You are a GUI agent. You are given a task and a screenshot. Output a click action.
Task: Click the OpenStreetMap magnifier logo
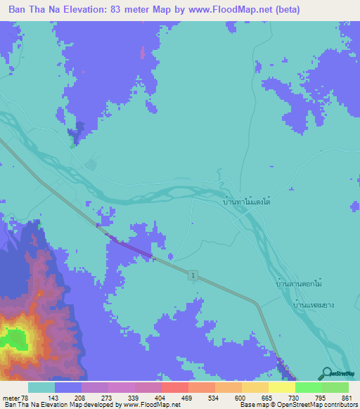click(x=326, y=374)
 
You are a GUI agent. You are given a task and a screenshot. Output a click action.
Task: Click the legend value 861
click(x=345, y=398)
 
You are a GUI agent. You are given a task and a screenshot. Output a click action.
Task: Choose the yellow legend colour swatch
click(x=281, y=387)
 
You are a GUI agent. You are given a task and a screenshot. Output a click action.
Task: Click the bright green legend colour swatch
click(x=308, y=387)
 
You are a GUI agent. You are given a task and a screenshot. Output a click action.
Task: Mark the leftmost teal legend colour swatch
click(x=41, y=387)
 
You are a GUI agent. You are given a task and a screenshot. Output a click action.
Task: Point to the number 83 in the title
click(x=124, y=10)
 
